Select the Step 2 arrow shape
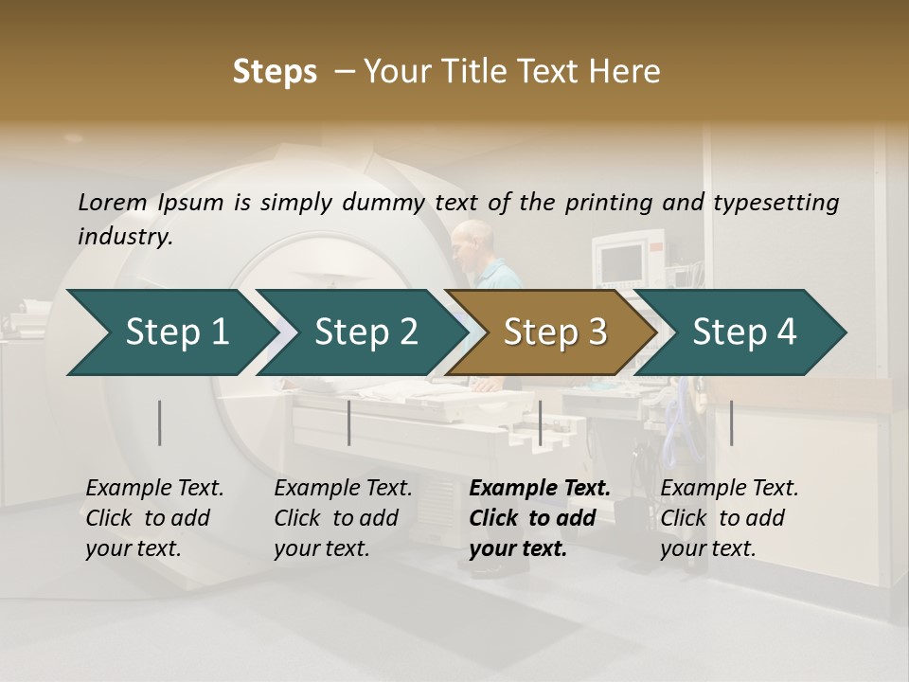click(365, 332)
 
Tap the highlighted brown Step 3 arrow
click(555, 332)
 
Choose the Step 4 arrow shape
click(744, 332)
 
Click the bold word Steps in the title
click(275, 71)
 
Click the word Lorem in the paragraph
click(113, 202)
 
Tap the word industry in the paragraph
click(124, 236)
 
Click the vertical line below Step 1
click(160, 422)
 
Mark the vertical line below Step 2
click(349, 422)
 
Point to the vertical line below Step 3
click(540, 422)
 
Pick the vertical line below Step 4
click(731, 422)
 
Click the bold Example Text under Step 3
click(540, 489)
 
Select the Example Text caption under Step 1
click(154, 489)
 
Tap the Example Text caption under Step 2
click(343, 489)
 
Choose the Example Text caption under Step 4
click(729, 489)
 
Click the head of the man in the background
click(466, 239)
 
